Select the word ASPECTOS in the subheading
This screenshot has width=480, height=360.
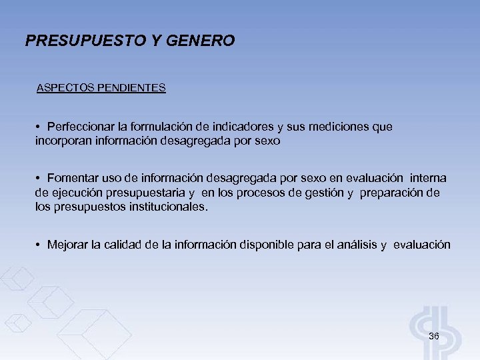coord(65,87)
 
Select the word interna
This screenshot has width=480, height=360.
coord(429,179)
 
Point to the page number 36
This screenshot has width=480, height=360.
coord(433,336)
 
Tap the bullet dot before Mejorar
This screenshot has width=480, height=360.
coord(40,245)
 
